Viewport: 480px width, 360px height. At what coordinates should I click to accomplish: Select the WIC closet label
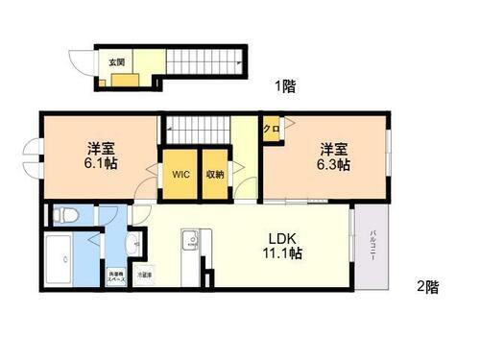(179, 175)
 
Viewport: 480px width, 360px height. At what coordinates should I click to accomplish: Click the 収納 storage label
(215, 175)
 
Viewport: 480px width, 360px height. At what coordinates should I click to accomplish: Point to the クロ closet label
(271, 129)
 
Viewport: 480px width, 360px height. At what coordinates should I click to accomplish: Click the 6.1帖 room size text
(96, 165)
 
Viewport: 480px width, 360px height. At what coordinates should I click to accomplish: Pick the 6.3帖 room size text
(334, 165)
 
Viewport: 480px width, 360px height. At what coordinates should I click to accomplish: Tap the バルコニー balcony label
(369, 249)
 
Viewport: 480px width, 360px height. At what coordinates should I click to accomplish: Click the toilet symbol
(61, 214)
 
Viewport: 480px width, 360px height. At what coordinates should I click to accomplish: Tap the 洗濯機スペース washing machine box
(114, 275)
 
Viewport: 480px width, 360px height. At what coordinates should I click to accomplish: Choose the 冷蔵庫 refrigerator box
(142, 275)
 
